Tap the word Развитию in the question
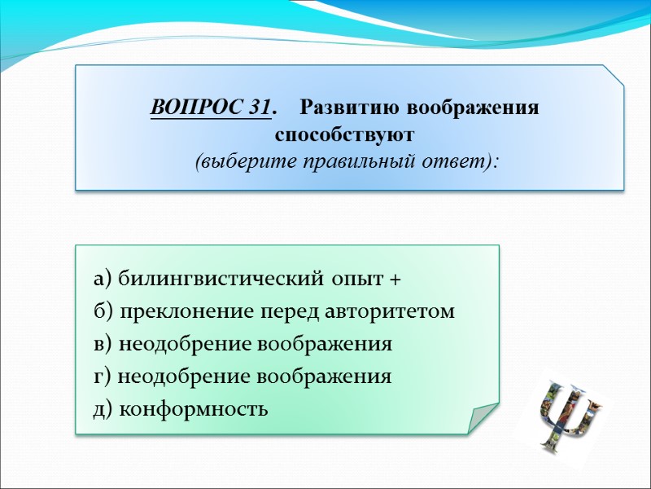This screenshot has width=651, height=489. point(351,108)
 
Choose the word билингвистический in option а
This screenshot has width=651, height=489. point(222,280)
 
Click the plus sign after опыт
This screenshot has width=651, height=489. point(395,280)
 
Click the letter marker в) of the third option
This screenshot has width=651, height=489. point(103,345)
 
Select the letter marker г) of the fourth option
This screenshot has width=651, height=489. point(103,377)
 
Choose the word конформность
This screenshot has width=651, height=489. point(193,409)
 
